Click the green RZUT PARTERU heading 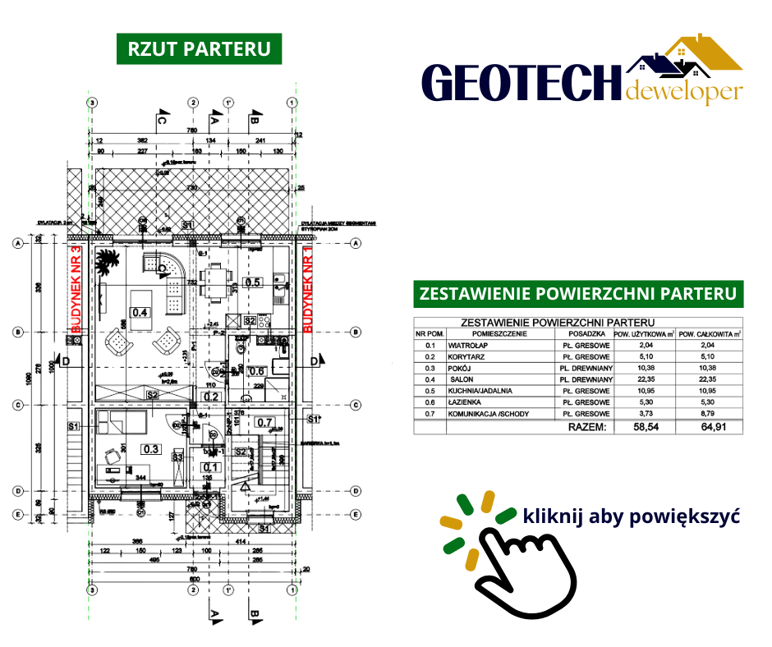pyautogui.click(x=200, y=48)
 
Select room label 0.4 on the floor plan pyautogui.click(x=140, y=312)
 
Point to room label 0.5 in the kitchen pyautogui.click(x=253, y=282)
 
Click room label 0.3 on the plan pyautogui.click(x=150, y=449)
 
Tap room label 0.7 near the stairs pyautogui.click(x=264, y=423)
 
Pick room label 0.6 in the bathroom pyautogui.click(x=256, y=370)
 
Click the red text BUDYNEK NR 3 pyautogui.click(x=76, y=288)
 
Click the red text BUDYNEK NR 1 pyautogui.click(x=309, y=288)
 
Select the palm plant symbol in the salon pyautogui.click(x=106, y=265)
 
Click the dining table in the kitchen pyautogui.click(x=215, y=282)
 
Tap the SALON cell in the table pyautogui.click(x=459, y=380)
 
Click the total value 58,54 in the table pyautogui.click(x=643, y=427)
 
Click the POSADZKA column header pyautogui.click(x=584, y=333)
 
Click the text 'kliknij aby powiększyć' pyautogui.click(x=632, y=517)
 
